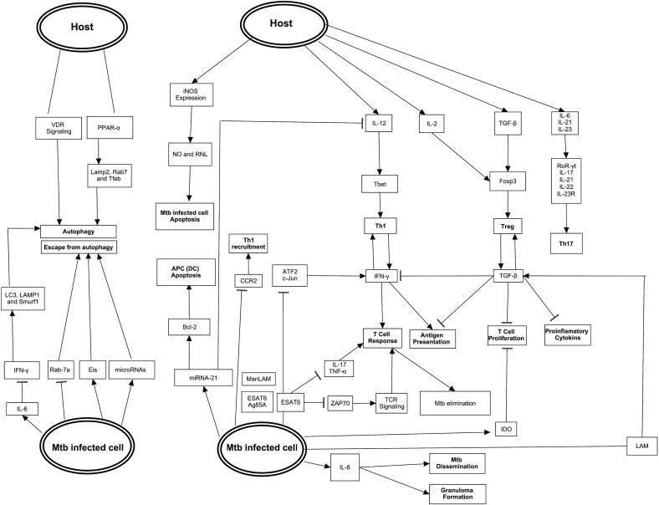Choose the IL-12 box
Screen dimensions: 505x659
pos(379,124)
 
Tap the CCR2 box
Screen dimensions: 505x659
pos(245,279)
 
